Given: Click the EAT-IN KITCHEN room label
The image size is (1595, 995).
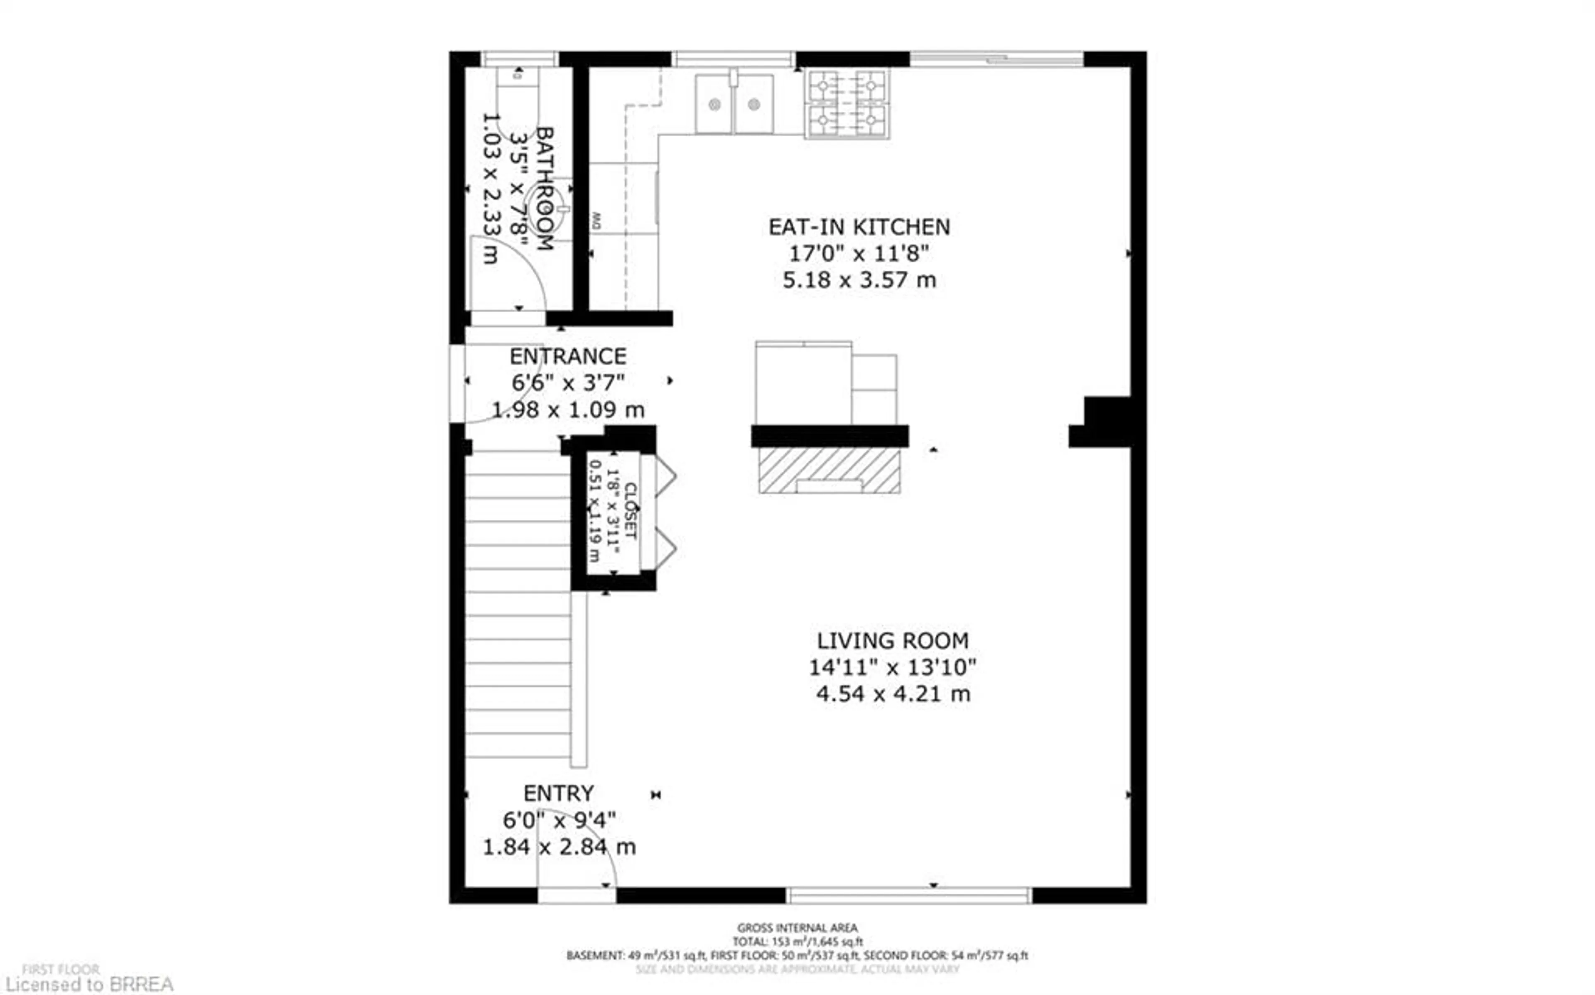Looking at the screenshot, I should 859,227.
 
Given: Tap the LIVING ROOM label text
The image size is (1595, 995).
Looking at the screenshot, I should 892,640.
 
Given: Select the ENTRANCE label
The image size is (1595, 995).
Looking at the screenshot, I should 568,357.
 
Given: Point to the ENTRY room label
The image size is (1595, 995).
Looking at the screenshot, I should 559,793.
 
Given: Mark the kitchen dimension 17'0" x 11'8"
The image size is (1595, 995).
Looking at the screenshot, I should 859,253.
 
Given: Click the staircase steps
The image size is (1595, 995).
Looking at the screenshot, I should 518,605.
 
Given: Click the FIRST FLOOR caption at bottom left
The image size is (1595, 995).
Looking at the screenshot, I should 61,969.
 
